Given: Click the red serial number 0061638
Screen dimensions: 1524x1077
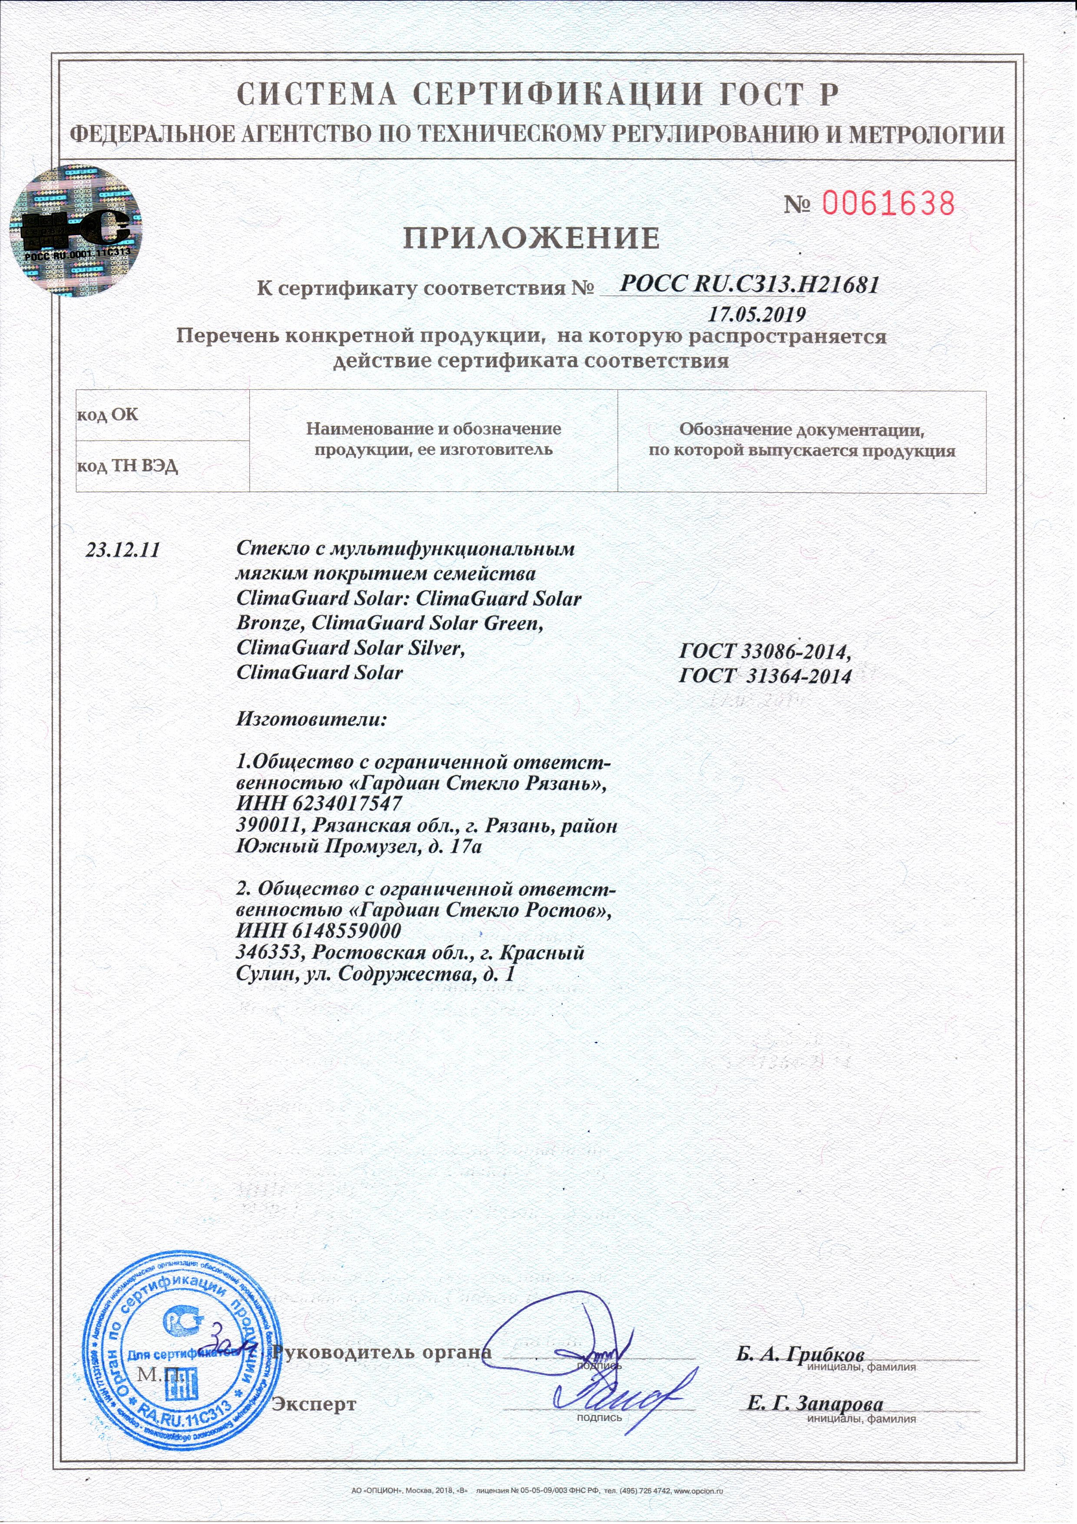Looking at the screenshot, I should click(888, 203).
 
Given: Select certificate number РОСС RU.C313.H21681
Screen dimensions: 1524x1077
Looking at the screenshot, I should click(749, 285).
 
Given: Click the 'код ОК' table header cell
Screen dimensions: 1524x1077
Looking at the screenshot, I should click(162, 415).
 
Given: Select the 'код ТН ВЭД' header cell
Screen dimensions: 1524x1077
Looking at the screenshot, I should click(162, 466).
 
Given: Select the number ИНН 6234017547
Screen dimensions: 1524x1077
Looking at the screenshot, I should click(319, 803).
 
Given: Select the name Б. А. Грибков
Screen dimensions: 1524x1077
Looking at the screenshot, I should click(799, 1354).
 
